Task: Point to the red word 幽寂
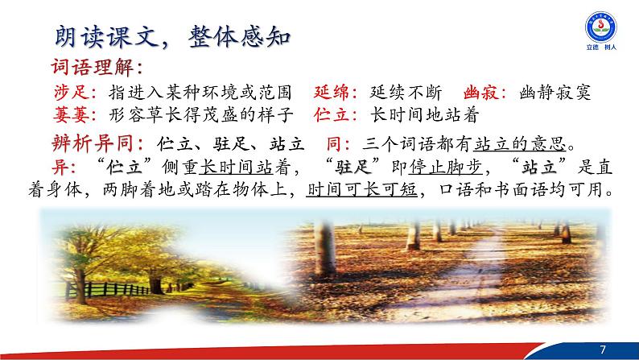tap(480, 93)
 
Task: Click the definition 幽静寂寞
tap(555, 93)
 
